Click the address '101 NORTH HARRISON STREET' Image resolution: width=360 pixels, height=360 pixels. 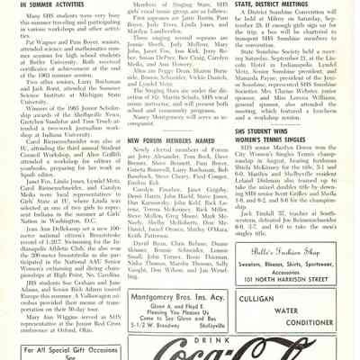click(x=305, y=252)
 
